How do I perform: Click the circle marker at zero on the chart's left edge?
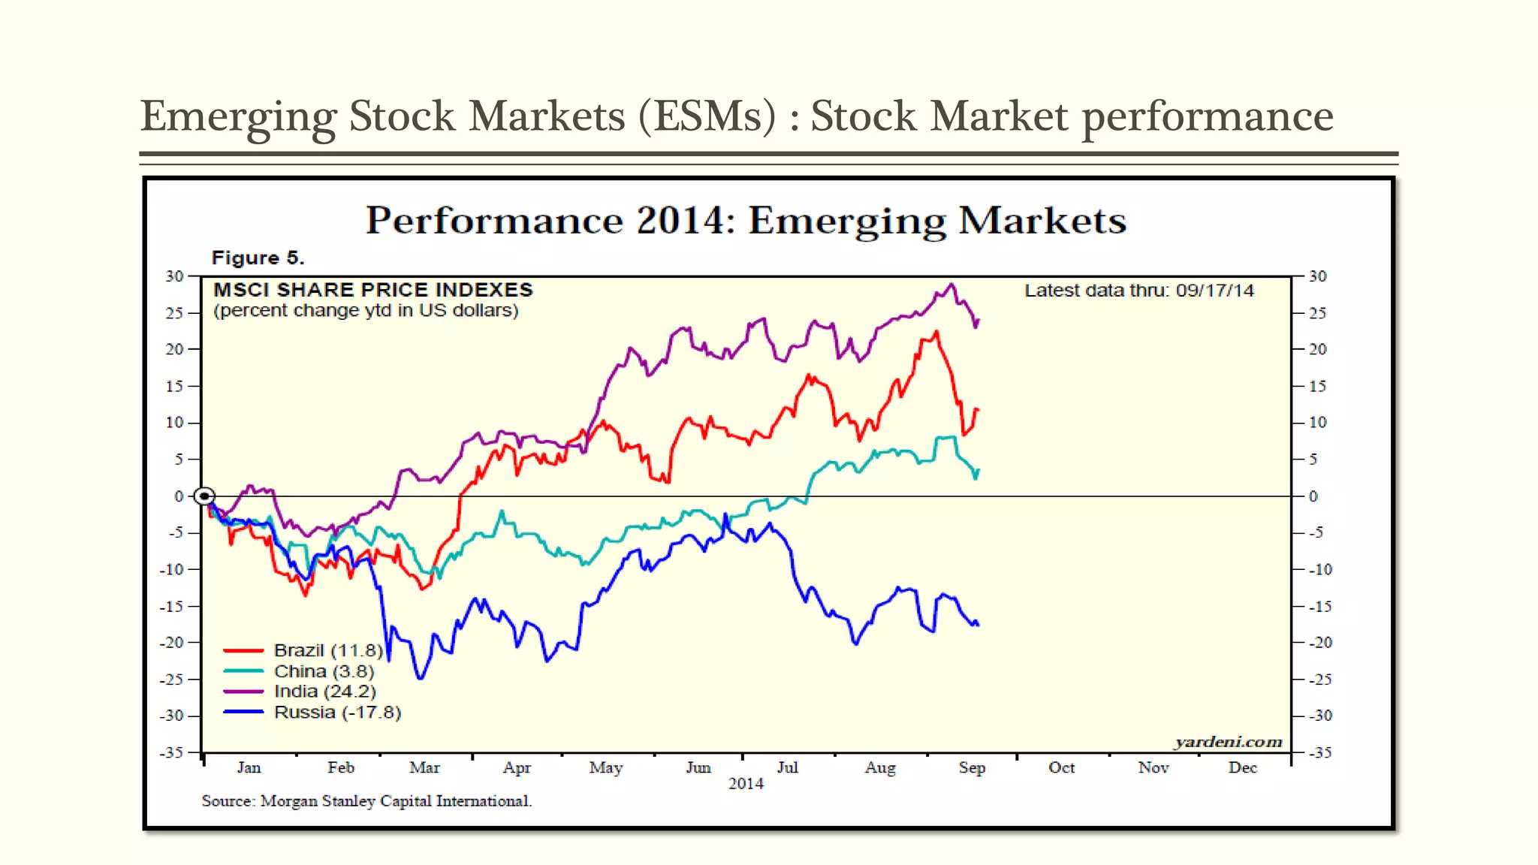204,496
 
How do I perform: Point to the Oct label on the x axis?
1061,767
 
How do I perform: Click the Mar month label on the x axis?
424,767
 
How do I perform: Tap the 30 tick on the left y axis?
174,276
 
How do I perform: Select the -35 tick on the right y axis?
1320,752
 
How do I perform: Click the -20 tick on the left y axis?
172,643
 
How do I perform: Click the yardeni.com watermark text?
1228,742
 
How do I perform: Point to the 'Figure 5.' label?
258,258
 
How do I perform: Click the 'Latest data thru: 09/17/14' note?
1138,291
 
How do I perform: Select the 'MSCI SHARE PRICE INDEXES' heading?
373,290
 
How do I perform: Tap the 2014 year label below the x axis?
746,784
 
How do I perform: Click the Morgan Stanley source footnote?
366,801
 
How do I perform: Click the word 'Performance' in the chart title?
493,221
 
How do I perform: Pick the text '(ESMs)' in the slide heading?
707,116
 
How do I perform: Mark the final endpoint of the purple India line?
979,321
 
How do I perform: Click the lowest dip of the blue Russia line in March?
420,679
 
